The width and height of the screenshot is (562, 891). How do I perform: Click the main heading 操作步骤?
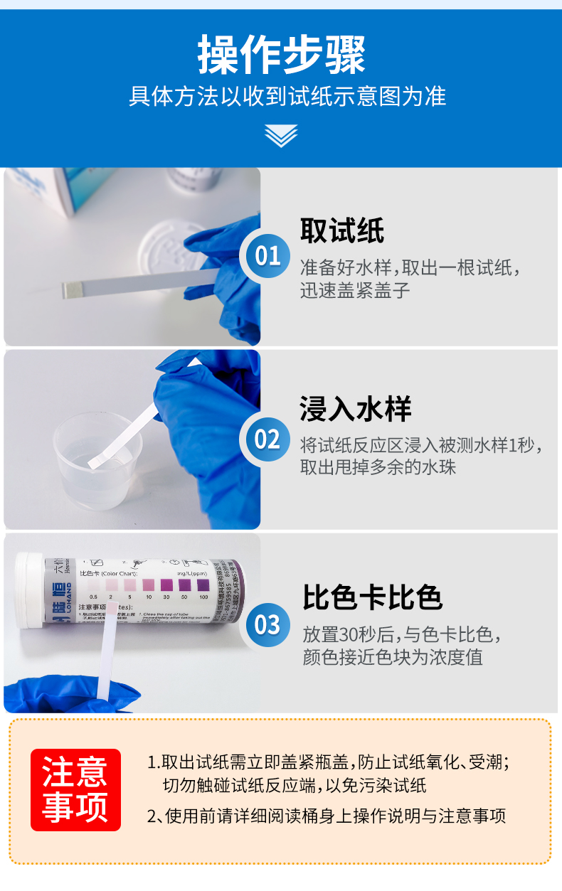(x=281, y=55)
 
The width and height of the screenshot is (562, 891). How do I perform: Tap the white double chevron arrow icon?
(x=281, y=135)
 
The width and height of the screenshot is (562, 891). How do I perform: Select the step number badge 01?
(x=267, y=255)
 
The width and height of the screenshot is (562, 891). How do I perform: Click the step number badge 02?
(x=267, y=439)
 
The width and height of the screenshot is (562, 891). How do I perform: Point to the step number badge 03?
(x=267, y=625)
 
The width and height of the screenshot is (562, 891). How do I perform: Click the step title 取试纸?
(x=341, y=231)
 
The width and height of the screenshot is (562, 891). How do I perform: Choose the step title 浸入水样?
(x=355, y=410)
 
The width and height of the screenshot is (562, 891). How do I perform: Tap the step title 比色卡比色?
(x=372, y=597)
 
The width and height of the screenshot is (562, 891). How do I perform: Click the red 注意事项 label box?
(x=75, y=790)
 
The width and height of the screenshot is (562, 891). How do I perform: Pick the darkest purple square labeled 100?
(x=203, y=585)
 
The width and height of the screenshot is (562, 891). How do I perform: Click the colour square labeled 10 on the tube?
(x=149, y=585)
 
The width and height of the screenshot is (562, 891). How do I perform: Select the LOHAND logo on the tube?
(x=60, y=589)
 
